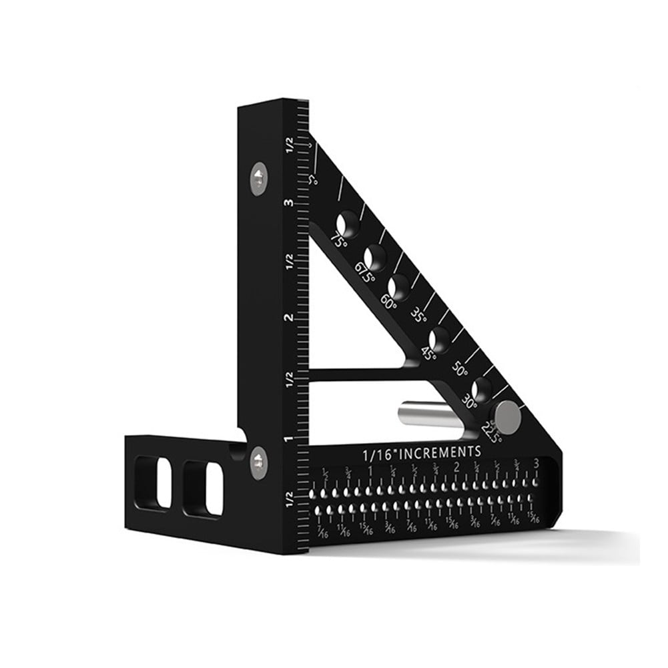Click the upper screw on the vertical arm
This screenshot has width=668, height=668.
259,177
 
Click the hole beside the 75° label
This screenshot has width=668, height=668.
348,223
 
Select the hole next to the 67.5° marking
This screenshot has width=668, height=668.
376,256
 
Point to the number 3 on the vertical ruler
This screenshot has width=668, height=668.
288,203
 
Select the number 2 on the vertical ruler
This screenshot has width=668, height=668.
288,318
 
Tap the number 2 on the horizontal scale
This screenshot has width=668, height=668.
456,466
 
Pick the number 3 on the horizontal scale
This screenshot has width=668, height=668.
537,463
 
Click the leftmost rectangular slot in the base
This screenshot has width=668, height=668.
153,481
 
